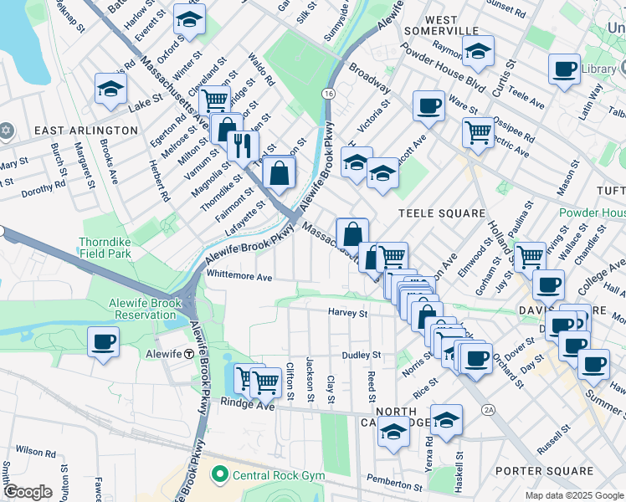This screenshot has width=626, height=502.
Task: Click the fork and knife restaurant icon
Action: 243,146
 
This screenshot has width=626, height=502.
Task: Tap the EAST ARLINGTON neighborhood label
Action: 85,131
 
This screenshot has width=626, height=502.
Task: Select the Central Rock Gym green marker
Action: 220,475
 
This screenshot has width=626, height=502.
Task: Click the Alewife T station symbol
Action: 190,354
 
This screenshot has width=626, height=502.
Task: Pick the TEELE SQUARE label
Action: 437,213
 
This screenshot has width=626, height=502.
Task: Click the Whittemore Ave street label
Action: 239,277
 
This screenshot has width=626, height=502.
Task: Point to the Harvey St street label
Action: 347,313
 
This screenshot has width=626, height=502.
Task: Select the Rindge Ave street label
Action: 248,403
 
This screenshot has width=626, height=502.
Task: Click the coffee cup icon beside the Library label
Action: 564,69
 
